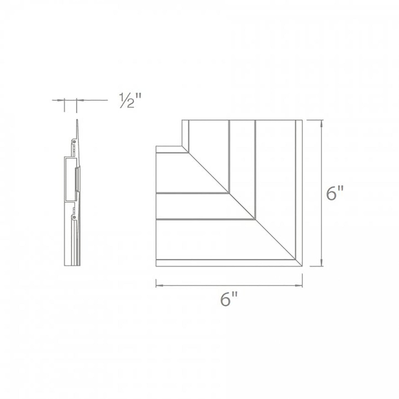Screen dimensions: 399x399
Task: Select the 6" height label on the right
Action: point(335,193)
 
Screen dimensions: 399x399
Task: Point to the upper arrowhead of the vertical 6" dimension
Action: point(321,123)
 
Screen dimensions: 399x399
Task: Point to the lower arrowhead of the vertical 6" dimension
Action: point(321,263)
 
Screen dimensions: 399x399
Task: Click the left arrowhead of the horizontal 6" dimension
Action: point(158,285)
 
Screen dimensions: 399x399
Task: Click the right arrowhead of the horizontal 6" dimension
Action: point(300,285)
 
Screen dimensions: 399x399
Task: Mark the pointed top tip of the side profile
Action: point(77,120)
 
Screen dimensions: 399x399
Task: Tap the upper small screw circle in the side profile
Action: point(74,141)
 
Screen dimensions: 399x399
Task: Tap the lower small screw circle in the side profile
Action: point(74,218)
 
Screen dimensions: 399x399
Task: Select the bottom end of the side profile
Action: point(72,265)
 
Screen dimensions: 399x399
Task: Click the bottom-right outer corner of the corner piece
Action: point(302,266)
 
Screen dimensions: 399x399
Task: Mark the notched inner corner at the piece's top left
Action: point(182,146)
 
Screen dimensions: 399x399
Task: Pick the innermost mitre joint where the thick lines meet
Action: point(229,192)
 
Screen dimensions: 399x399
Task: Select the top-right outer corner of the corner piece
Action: point(302,120)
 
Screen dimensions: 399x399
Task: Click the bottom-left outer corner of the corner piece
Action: point(156,266)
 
